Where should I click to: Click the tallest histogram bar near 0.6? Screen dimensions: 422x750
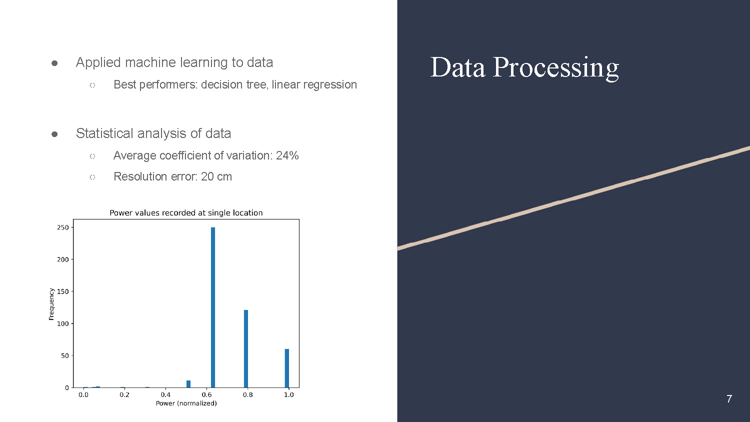pyautogui.click(x=213, y=307)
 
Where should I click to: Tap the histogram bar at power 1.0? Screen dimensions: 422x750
pyautogui.click(x=287, y=368)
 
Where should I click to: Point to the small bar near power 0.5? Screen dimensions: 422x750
pyautogui.click(x=188, y=384)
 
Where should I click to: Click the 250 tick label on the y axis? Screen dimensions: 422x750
pyautogui.click(x=63, y=227)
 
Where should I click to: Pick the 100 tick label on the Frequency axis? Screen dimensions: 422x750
pyautogui.click(x=63, y=323)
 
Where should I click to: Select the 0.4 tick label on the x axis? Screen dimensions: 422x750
pyautogui.click(x=165, y=394)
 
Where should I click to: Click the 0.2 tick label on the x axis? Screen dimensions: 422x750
pyautogui.click(x=124, y=394)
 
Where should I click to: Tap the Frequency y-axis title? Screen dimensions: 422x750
pyautogui.click(x=51, y=304)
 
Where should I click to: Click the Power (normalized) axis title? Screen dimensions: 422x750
pyautogui.click(x=186, y=403)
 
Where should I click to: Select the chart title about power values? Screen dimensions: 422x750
pyautogui.click(x=186, y=213)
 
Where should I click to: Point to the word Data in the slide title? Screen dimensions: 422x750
pyautogui.click(x=457, y=67)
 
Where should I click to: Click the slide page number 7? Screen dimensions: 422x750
pyautogui.click(x=729, y=399)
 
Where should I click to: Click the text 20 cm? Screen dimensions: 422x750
pyautogui.click(x=216, y=176)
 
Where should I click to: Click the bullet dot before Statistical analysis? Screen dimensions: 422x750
pyautogui.click(x=54, y=134)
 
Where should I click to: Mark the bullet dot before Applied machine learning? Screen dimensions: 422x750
pyautogui.click(x=54, y=63)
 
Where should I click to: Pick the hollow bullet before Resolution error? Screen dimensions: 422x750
pyautogui.click(x=92, y=177)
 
